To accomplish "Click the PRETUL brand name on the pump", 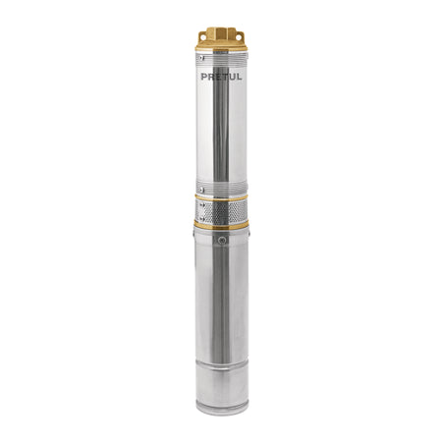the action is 221,77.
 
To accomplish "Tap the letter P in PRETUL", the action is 204,77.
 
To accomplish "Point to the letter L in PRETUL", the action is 239,77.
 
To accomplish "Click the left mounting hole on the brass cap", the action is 203,37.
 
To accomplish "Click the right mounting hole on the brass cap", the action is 239,37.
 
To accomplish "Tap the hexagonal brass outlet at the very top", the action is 221,32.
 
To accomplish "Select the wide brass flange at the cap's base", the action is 221,47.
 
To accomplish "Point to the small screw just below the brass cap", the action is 202,58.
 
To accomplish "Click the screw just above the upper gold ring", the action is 202,190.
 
